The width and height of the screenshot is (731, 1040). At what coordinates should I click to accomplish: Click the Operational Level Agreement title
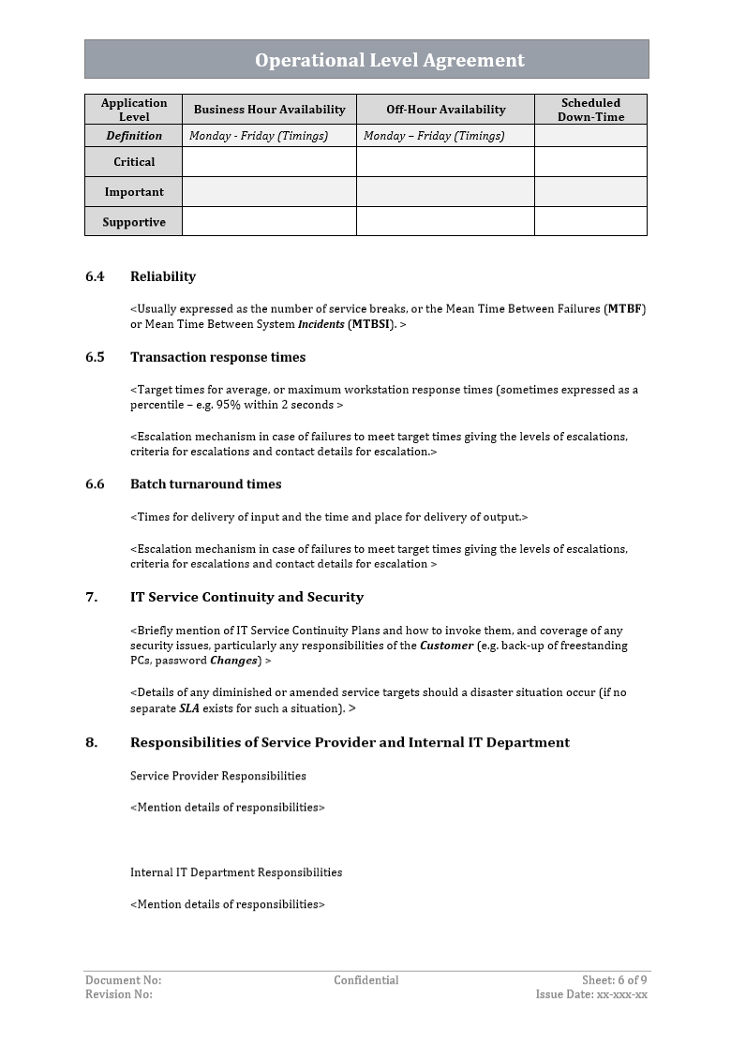(390, 60)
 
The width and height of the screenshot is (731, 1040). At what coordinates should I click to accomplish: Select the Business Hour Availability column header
(269, 110)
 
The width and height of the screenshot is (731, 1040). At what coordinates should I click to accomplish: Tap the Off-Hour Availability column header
(445, 110)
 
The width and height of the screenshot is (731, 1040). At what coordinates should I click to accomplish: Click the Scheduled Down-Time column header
(590, 110)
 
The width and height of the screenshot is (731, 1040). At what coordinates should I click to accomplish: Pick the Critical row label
(134, 162)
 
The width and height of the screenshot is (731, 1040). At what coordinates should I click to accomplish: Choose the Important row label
(134, 192)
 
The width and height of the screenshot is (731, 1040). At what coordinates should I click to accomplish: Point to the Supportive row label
(134, 222)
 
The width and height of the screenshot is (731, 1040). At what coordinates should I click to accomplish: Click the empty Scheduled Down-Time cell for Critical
(590, 162)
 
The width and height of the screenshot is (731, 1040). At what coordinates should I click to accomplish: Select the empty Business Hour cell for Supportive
(269, 222)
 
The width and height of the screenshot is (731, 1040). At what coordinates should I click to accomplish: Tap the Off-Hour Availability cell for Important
(445, 192)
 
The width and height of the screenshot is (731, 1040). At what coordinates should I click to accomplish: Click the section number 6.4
(95, 276)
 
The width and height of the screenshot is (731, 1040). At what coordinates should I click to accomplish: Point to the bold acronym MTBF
(626, 309)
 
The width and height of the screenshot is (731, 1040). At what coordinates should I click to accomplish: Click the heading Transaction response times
(217, 357)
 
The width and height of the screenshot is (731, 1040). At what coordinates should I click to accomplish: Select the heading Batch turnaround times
(205, 484)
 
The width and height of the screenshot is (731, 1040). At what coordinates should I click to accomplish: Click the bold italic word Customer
(446, 646)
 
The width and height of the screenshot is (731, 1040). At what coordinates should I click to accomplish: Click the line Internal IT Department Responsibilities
(236, 872)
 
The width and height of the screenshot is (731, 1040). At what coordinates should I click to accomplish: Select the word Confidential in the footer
(365, 980)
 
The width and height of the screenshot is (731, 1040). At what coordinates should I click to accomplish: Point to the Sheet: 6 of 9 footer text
(614, 980)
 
